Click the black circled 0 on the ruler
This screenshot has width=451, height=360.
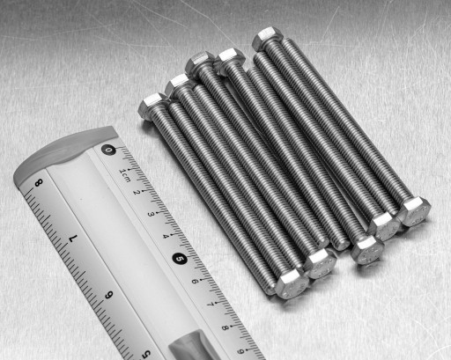pos(108,150)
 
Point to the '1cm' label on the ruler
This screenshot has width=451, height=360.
pos(124,175)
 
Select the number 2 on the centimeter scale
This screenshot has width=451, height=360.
pos(137,193)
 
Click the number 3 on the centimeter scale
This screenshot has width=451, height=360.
pos(151,214)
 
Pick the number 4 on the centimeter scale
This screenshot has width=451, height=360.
pos(166,236)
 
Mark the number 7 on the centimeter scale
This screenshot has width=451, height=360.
pos(211,305)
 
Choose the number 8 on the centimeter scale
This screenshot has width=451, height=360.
pos(225,327)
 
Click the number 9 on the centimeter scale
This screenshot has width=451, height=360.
pos(240,351)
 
